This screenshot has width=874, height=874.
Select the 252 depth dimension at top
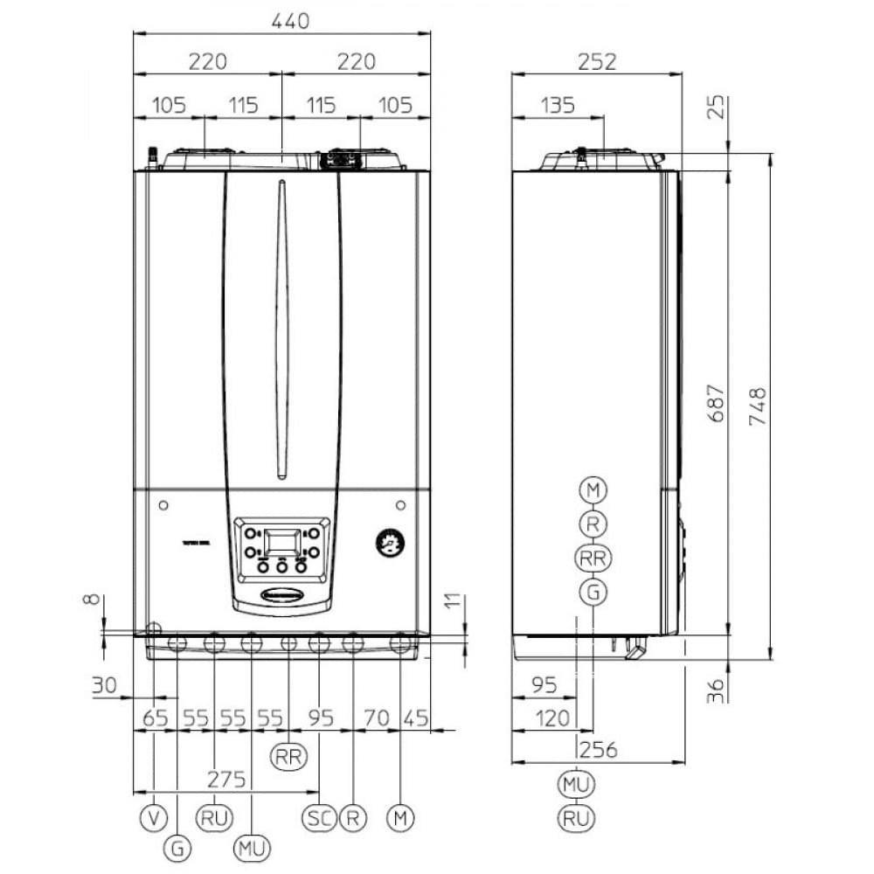pos(598,61)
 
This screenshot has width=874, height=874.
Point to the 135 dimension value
pos(557,106)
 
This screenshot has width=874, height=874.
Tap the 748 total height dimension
pos(757,406)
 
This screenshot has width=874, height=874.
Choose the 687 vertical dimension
pos(716,403)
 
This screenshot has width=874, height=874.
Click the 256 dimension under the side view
pos(598,749)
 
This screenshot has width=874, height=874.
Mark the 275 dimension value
pos(226,779)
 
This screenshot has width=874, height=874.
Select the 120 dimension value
pos(551,718)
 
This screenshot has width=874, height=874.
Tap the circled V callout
pos(153,819)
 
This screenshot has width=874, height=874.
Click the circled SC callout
pos(318,819)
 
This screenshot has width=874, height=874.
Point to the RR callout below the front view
pos(288,756)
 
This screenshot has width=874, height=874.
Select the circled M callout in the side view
pos(593,489)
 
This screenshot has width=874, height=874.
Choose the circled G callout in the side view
pos(593,592)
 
